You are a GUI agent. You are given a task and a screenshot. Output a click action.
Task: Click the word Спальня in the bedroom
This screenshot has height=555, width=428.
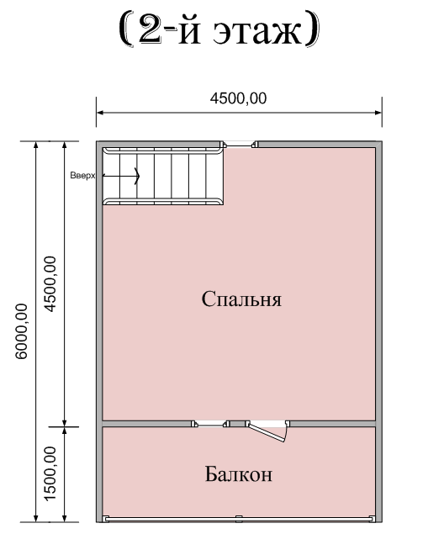coord(241,299)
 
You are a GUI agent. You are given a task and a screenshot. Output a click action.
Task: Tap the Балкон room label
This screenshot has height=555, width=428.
coord(239,474)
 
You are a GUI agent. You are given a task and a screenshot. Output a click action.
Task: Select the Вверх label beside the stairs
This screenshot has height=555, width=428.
coord(82,176)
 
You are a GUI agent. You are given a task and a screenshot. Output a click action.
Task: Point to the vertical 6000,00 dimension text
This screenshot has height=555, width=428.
coord(21,331)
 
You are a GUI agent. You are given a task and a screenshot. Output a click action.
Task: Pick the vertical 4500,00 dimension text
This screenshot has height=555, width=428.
coord(50,284)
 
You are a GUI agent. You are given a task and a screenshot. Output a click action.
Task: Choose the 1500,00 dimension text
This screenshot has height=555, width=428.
coord(50,473)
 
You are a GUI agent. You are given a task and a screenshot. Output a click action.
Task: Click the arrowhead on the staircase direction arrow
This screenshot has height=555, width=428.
coord(137,176)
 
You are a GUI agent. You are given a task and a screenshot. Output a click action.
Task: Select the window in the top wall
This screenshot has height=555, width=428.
coord(239,145)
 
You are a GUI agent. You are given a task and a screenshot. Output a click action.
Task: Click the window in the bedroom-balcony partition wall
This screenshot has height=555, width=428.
coord(210,424)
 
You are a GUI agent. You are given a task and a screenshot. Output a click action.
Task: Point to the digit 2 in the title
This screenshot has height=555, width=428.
coord(151,29)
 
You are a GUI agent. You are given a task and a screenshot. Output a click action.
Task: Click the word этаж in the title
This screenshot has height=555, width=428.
coord(257,31)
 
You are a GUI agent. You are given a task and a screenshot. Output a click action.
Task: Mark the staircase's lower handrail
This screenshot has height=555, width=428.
coord(163,202)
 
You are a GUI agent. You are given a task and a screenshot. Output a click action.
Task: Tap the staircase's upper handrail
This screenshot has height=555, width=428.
coord(163,151)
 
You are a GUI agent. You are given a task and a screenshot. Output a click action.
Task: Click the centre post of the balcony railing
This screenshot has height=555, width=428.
coord(239,519)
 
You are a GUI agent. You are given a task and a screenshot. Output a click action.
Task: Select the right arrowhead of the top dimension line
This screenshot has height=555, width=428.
coord(378,113)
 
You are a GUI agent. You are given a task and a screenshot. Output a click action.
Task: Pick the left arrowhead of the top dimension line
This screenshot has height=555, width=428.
coord(100,113)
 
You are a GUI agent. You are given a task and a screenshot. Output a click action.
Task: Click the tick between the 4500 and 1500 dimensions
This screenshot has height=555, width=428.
coord(64,426)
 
